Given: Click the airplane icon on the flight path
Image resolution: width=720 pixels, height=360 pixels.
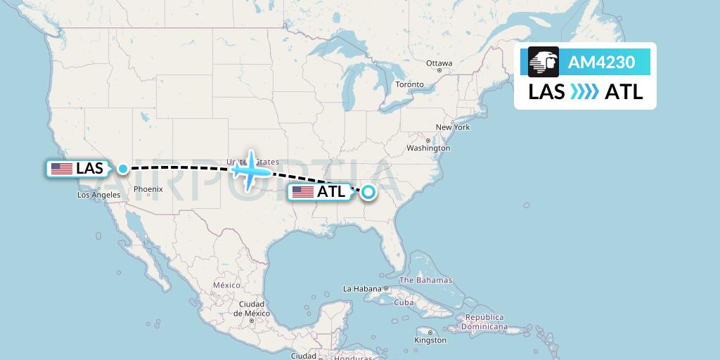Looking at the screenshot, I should pyautogui.click(x=250, y=169).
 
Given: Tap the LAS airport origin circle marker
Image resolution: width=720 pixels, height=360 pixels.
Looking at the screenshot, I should pyautogui.click(x=123, y=169).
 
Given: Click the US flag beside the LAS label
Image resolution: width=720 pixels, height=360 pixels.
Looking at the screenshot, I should pyautogui.click(x=62, y=169).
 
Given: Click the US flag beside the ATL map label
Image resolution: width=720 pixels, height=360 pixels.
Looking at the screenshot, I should pyautogui.click(x=303, y=191).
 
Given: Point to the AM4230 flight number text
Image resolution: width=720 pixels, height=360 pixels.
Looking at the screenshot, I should pyautogui.click(x=601, y=63).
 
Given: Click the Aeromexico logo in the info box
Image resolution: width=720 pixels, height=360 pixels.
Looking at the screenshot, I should pyautogui.click(x=544, y=63).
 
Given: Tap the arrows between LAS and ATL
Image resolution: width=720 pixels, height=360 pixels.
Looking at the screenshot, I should pyautogui.click(x=584, y=92).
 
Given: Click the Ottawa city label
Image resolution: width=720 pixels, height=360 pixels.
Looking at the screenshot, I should pyautogui.click(x=439, y=63).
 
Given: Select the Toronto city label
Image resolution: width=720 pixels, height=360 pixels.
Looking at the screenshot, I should pyautogui.click(x=409, y=84).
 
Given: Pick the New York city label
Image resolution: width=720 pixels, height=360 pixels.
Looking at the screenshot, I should pyautogui.click(x=452, y=127).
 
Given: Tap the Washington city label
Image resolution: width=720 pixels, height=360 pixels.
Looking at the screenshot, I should pyautogui.click(x=428, y=148).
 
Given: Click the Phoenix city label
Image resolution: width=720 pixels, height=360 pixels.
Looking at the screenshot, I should pyautogui.click(x=148, y=189).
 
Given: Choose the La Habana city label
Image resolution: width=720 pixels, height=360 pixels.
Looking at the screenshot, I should pyautogui.click(x=361, y=289).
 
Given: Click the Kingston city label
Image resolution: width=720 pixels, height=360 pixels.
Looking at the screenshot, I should pyautogui.click(x=430, y=340).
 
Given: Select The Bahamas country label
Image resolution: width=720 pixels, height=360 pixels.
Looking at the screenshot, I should pyautogui.click(x=425, y=280).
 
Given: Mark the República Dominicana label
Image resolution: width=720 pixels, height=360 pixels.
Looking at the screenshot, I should pyautogui.click(x=484, y=322).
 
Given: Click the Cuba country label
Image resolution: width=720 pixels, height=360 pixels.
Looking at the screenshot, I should pyautogui.click(x=403, y=302).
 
